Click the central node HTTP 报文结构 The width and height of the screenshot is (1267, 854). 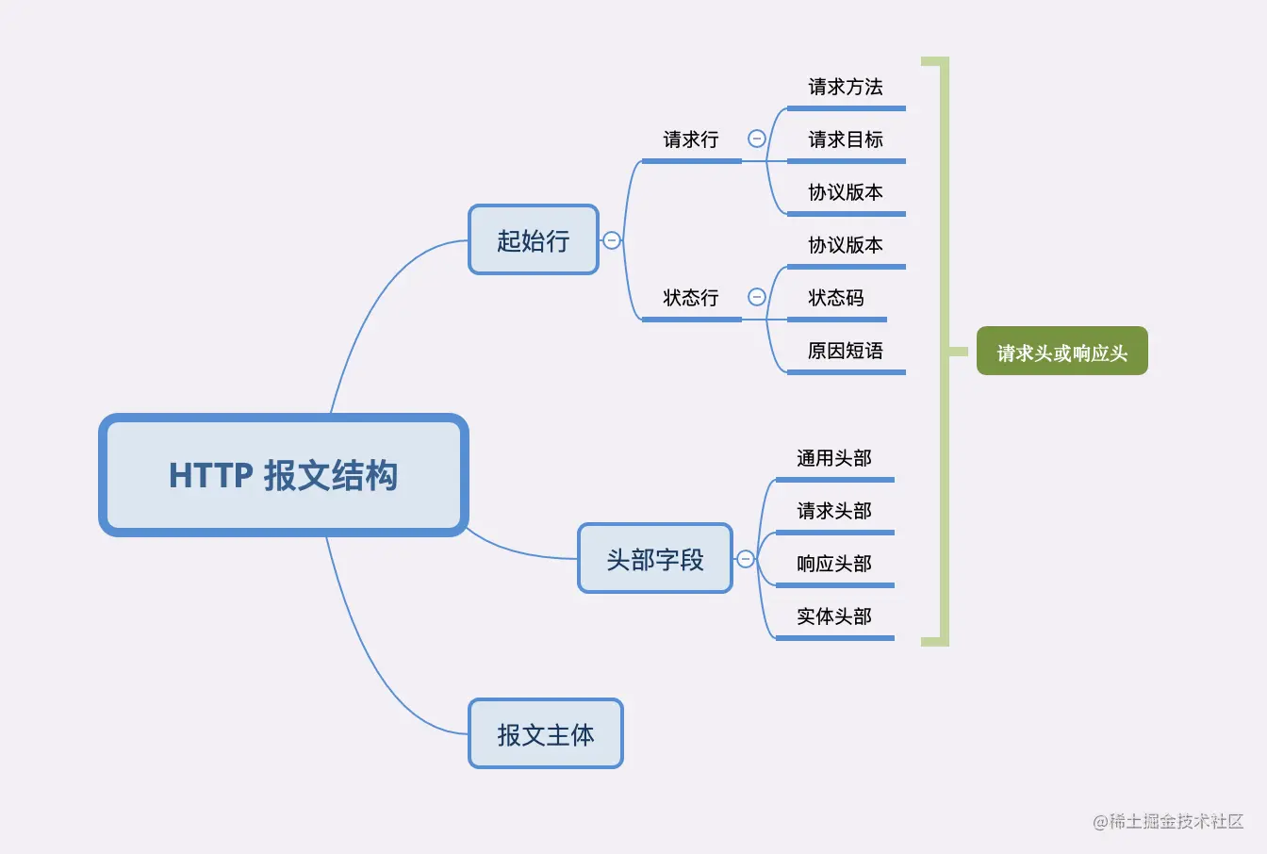283,475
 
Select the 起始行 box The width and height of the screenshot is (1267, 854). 534,240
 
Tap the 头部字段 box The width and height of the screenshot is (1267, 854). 655,559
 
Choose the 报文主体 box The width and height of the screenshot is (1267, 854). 546,734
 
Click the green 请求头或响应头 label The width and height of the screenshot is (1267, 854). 1061,352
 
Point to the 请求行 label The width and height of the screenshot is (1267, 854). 691,140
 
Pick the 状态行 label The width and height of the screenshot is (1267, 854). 691,298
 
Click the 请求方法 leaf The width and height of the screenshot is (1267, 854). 846,87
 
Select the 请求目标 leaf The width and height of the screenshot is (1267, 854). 846,140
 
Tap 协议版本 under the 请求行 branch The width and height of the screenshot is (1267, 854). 846,192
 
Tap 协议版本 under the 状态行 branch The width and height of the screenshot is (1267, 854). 846,245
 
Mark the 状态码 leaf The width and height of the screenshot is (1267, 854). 836,298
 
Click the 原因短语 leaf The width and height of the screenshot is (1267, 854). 846,351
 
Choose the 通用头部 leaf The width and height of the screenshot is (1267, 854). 834,458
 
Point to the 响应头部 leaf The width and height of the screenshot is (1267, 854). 834,564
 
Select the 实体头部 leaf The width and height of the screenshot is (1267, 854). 834,616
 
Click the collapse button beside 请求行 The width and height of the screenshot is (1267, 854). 756,139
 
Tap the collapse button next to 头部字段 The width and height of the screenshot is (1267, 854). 746,559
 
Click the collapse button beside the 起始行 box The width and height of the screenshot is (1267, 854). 612,240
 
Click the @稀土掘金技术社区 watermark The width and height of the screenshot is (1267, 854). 1168,821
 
